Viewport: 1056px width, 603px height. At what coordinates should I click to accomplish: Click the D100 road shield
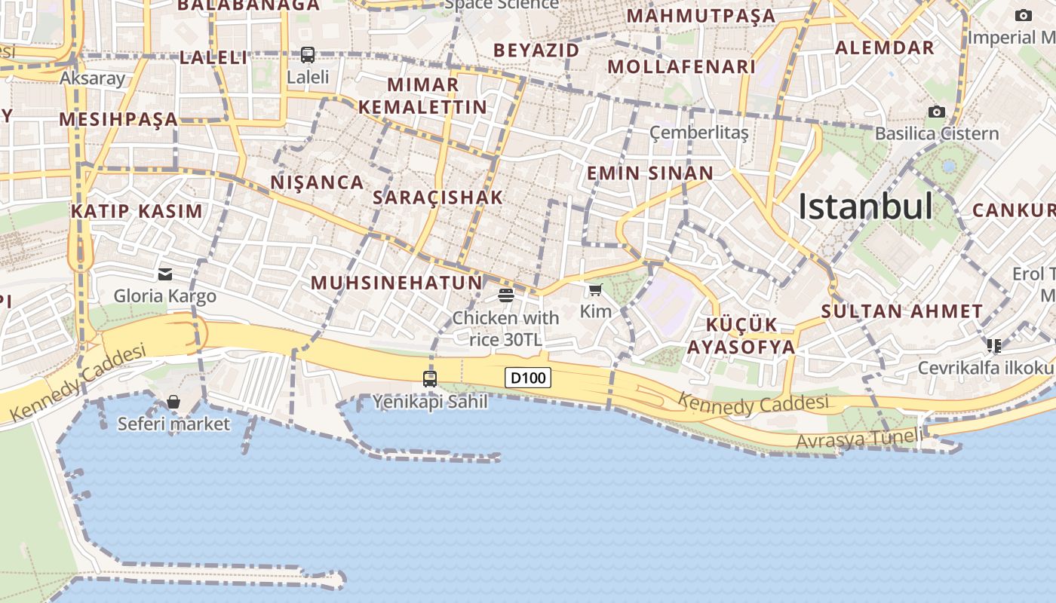528,378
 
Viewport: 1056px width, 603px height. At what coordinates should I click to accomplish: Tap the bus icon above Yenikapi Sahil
430,378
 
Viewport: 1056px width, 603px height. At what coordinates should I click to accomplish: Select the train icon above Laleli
308,54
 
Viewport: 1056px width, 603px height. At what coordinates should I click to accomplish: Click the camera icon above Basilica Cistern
936,112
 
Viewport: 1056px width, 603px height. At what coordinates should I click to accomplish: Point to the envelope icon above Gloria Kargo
165,274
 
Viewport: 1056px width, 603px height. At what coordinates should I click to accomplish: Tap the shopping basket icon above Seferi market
173,402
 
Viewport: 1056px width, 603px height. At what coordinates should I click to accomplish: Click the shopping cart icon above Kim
596,289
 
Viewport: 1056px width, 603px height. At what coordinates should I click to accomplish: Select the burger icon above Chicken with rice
505,295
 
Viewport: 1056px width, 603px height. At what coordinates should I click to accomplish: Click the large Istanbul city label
865,206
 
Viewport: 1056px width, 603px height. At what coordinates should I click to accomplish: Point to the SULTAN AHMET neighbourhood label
902,311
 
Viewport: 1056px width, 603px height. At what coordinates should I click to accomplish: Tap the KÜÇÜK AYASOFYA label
741,335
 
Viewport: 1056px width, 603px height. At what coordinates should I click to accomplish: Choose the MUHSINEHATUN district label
396,283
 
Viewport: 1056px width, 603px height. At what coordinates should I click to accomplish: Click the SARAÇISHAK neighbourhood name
437,197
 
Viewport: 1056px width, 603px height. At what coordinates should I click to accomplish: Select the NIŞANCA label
317,182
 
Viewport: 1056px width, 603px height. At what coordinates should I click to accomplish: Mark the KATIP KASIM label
137,211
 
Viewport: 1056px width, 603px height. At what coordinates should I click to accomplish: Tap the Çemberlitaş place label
698,133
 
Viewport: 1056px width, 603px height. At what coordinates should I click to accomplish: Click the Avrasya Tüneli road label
859,439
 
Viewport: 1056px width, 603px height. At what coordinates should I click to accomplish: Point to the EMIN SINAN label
649,173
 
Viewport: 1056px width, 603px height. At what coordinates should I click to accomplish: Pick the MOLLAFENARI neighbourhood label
681,66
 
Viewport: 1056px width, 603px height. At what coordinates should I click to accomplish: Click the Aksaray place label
92,78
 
